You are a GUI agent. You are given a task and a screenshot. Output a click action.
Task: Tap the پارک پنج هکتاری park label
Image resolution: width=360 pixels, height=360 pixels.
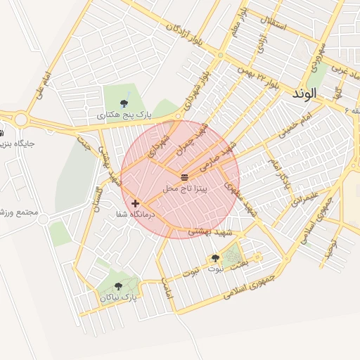pyautogui.click(x=124, y=114)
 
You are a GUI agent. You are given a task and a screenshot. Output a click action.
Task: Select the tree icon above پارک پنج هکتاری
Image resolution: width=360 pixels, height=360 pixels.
pyautogui.click(x=124, y=103)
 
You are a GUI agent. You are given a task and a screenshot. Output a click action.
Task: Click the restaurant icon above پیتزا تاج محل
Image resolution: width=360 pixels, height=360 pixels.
pyautogui.click(x=184, y=176)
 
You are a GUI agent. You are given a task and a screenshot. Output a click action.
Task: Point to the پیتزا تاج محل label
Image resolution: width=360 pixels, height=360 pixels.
pyautogui.click(x=185, y=189)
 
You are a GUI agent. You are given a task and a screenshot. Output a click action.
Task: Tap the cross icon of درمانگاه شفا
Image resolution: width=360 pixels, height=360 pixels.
pyautogui.click(x=135, y=203)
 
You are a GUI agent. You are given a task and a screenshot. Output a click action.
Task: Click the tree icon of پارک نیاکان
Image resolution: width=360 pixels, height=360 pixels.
pyautogui.click(x=117, y=285)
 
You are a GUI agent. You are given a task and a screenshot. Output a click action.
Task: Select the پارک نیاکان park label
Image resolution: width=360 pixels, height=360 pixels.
pyautogui.click(x=117, y=297)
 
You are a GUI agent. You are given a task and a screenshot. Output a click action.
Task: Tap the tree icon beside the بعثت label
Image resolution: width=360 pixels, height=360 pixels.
pyautogui.click(x=215, y=258)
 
